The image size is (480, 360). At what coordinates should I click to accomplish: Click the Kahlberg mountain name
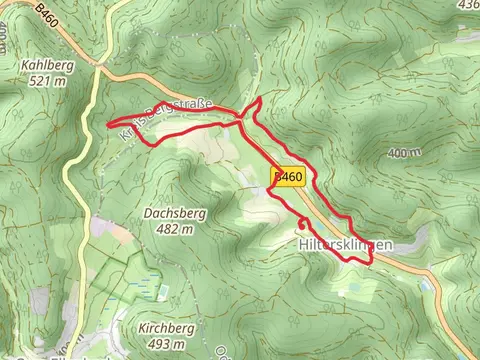pos(46,65)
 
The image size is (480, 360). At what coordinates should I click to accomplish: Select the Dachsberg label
pos(168,213)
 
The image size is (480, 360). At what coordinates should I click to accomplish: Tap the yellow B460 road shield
pos(287,177)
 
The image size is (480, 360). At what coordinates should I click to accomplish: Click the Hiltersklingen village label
pos(342,244)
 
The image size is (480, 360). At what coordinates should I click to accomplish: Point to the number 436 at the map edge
pos(467,5)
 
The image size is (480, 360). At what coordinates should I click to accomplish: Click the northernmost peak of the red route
pos(259,100)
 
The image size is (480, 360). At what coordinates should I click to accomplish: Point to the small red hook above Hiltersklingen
pos(303,220)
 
